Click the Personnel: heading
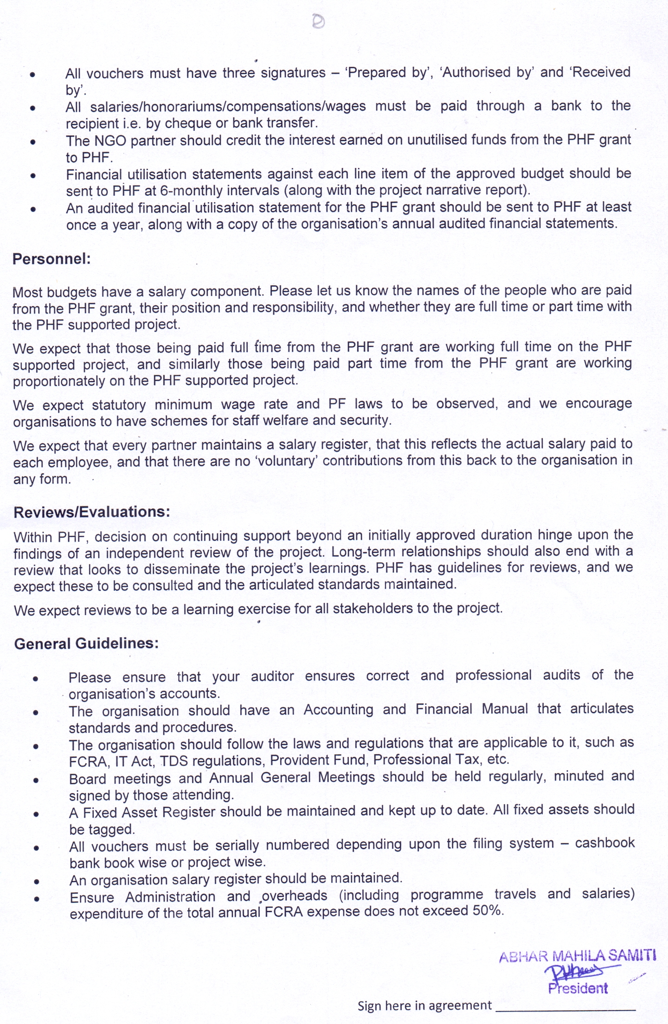tap(51, 259)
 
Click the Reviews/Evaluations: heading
tap(92, 512)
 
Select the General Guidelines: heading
tap(86, 644)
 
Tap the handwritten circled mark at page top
tap(318, 21)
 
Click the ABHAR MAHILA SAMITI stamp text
tap(577, 956)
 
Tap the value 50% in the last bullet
tap(488, 910)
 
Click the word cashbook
tap(604, 843)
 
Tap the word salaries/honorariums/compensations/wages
tap(228, 107)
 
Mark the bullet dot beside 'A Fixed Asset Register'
tap(35, 813)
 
